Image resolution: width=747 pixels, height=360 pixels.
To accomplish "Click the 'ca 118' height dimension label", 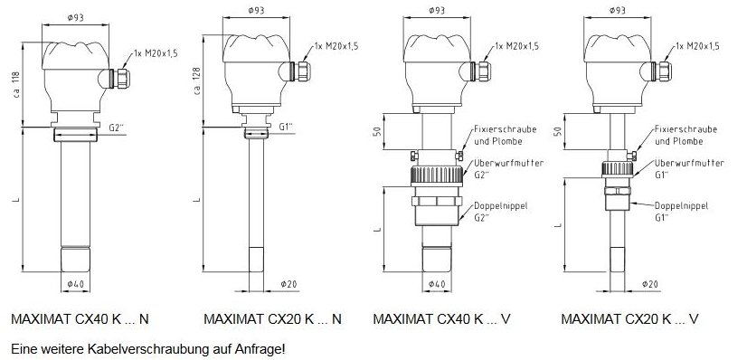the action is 16,85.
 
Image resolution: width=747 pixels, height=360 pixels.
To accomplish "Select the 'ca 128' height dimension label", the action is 197,81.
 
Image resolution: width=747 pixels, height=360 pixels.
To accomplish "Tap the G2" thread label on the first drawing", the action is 117,128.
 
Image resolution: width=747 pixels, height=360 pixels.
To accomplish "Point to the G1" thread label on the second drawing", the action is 286,127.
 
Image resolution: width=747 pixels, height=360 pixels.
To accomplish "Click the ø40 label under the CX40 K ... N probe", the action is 76,284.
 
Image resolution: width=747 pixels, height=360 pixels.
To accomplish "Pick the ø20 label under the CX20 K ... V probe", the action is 650,284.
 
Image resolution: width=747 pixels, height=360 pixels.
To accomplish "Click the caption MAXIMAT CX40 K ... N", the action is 80,319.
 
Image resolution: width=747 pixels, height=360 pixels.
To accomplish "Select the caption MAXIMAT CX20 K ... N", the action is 272,319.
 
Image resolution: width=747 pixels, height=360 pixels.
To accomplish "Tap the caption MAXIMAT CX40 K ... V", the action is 441,319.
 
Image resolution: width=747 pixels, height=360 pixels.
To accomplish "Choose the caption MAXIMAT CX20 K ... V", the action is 629,319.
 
